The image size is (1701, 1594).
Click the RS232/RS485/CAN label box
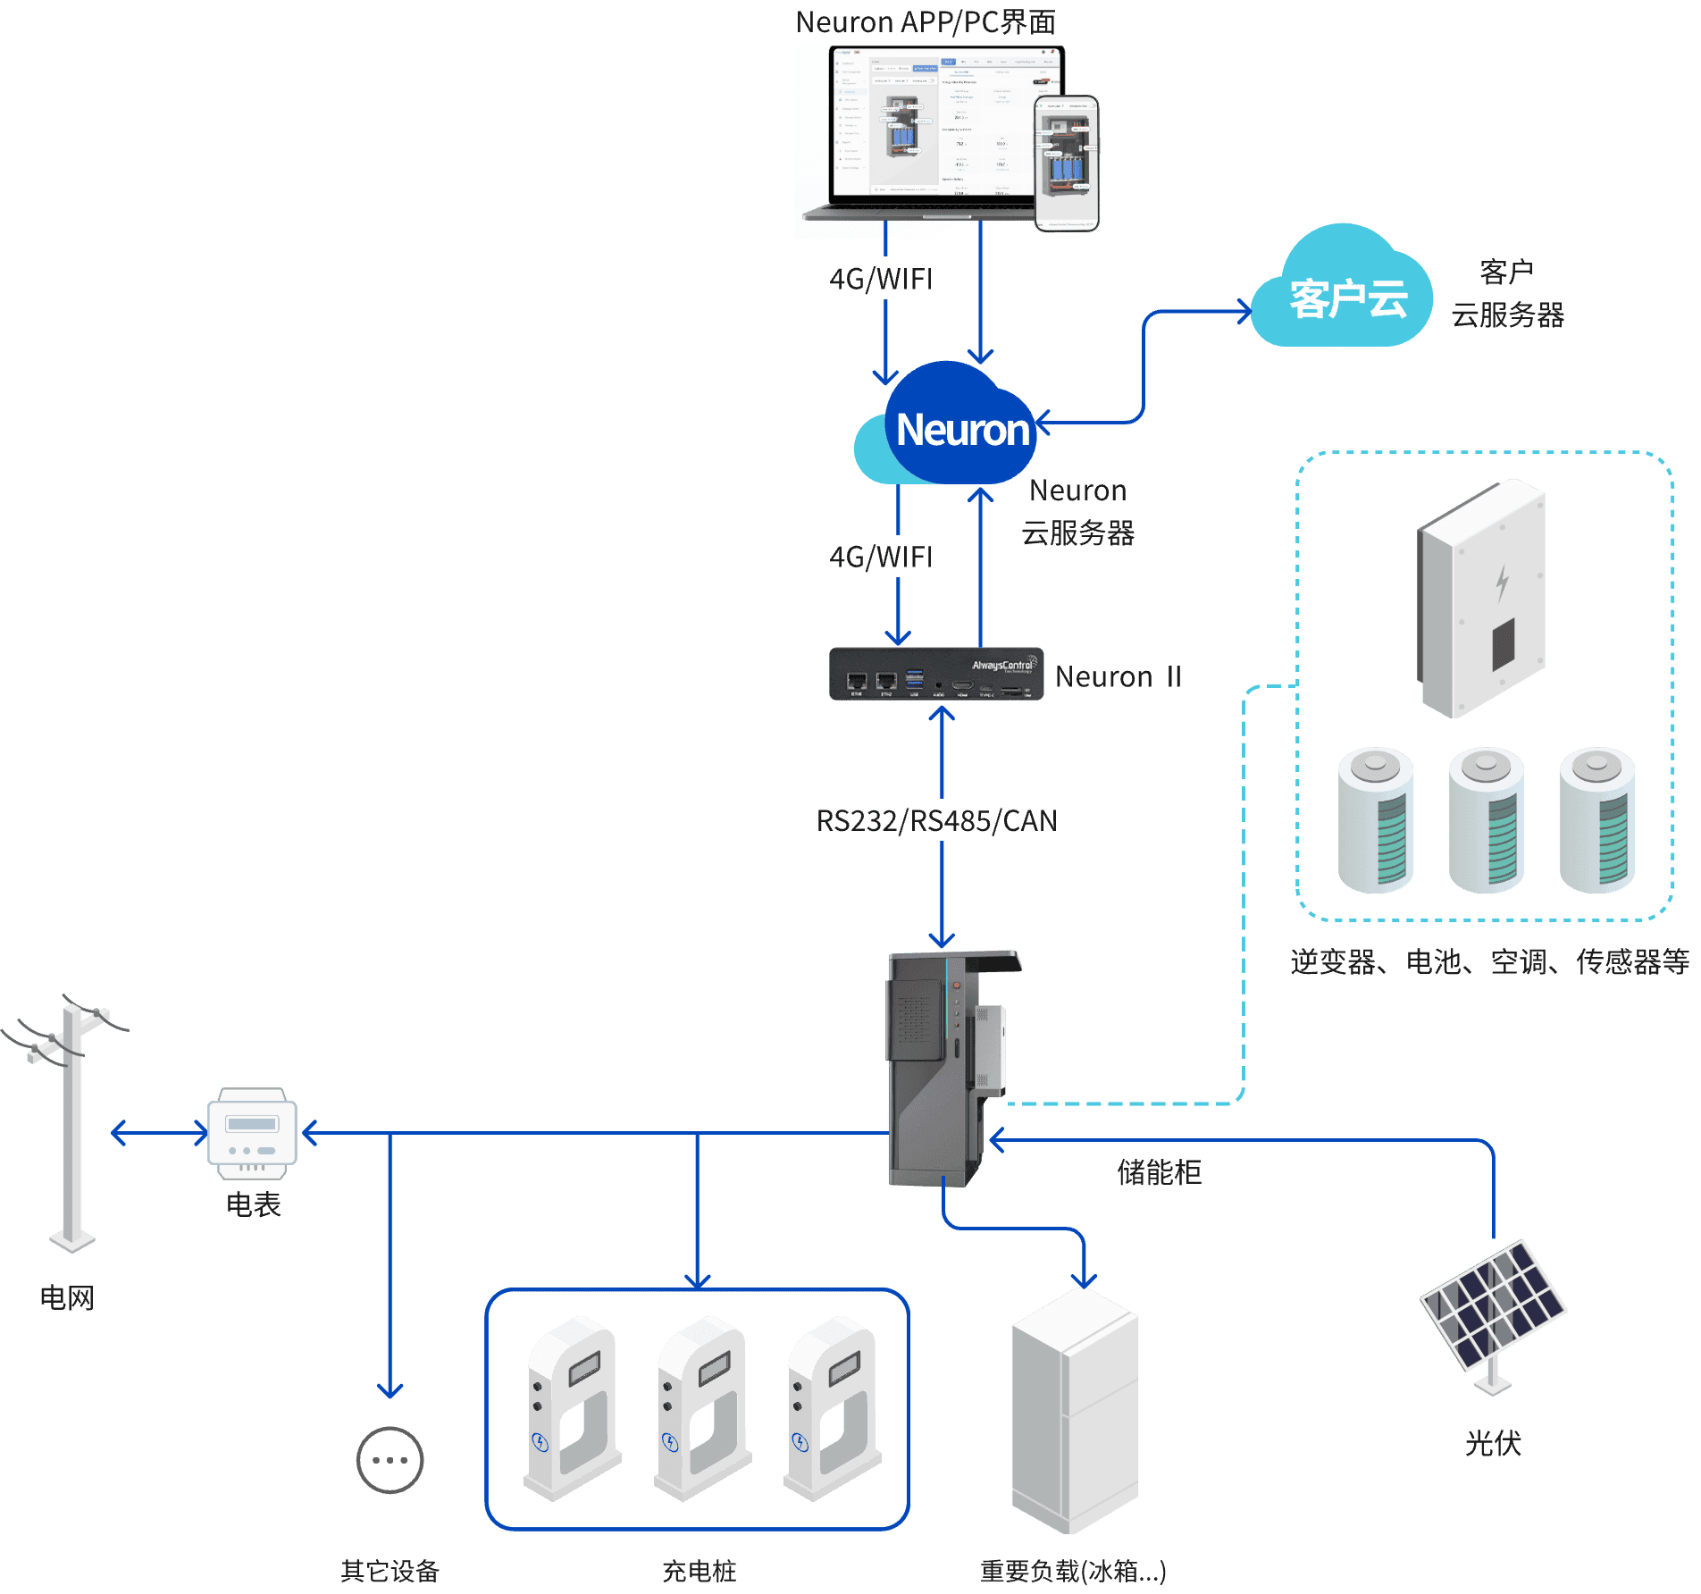point(934,820)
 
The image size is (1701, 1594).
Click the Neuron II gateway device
point(935,674)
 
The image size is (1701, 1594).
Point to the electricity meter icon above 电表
point(252,1132)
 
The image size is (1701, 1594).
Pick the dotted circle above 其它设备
point(390,1460)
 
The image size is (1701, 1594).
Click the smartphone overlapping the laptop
point(1067,164)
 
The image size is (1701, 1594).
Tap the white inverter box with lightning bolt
point(1484,599)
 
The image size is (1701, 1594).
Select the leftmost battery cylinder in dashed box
point(1376,820)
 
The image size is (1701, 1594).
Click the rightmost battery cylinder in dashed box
point(1597,820)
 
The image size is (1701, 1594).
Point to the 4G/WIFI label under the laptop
point(880,279)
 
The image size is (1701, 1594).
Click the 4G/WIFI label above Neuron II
point(880,557)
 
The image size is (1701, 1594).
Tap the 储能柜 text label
point(1159,1172)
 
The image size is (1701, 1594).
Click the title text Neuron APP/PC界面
point(926,21)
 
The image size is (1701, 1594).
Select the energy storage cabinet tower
point(945,1068)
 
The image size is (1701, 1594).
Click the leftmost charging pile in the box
point(573,1406)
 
